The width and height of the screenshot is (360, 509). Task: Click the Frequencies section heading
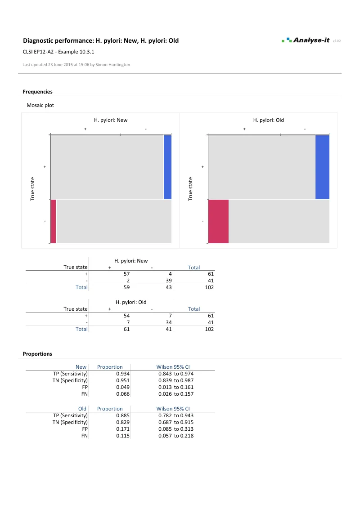(37, 92)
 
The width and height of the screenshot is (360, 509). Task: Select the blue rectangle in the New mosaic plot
(167, 167)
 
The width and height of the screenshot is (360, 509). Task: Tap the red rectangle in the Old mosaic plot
(218, 221)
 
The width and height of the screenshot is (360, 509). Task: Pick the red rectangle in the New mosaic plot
(53, 221)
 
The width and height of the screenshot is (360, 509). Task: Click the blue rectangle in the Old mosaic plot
(322, 167)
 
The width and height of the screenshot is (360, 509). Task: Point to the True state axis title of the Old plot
(190, 189)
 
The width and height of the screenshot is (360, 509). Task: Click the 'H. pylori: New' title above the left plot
(111, 120)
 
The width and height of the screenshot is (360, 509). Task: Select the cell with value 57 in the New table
(126, 273)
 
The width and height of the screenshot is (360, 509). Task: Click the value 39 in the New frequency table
(169, 280)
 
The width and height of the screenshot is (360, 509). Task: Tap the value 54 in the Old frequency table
(126, 316)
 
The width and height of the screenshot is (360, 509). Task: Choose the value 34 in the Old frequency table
(169, 322)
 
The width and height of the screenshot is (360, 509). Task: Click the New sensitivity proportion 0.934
(123, 374)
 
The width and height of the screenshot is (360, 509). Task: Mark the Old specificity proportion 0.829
(123, 422)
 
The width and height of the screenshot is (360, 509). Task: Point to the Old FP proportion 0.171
(123, 429)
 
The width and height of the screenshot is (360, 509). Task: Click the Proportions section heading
(37, 354)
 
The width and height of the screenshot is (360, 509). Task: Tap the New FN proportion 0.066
(123, 394)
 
